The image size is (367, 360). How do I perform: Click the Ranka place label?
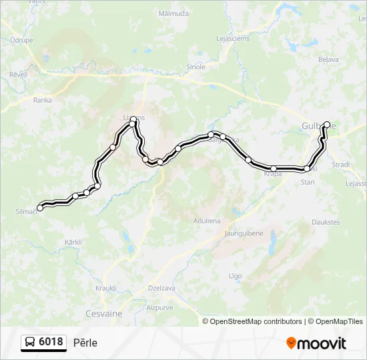click(42, 100)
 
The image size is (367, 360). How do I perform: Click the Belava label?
click(328, 59)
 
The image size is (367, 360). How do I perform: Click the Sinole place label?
click(196, 67)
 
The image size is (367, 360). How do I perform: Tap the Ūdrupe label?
click(22, 40)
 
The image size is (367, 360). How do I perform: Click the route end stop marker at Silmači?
click(40, 208)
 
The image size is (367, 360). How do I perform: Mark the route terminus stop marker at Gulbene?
click(327, 124)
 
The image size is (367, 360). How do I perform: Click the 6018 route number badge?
click(44, 343)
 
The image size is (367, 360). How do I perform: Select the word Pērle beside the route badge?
click(85, 343)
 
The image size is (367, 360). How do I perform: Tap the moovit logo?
click(316, 343)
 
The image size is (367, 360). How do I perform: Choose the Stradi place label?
click(341, 164)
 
